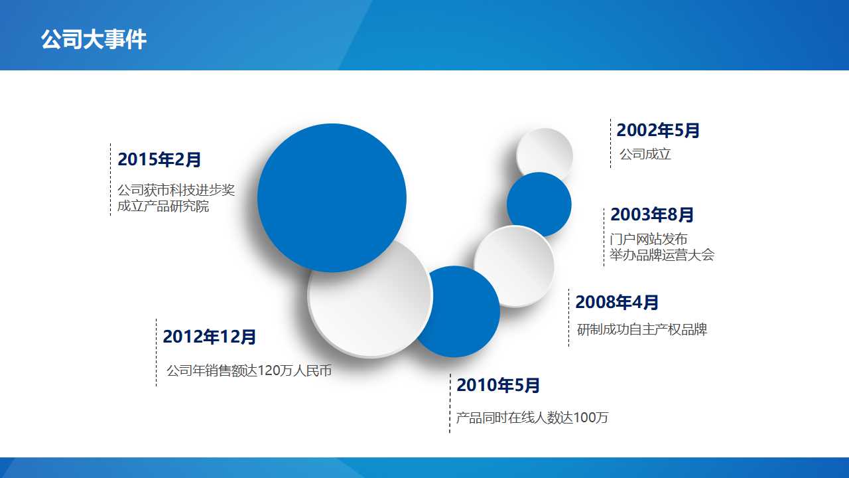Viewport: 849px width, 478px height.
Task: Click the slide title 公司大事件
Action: point(94,40)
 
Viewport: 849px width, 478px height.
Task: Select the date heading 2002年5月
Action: point(658,131)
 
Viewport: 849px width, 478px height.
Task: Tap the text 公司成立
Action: point(645,155)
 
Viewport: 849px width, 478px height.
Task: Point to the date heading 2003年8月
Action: point(652,215)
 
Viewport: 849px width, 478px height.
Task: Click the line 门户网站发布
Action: point(649,239)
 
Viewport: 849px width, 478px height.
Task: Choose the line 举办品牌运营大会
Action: point(662,256)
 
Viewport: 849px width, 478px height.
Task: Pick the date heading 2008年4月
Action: point(617,303)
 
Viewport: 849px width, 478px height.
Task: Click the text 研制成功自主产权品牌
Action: point(642,329)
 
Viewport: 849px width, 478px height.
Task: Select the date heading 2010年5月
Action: point(498,385)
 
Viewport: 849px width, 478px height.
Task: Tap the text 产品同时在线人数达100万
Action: point(532,418)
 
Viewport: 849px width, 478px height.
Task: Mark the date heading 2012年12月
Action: point(210,337)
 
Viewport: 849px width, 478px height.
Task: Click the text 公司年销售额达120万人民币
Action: point(249,371)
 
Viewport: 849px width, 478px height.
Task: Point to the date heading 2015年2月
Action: point(159,160)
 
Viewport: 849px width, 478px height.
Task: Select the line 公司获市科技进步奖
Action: point(176,191)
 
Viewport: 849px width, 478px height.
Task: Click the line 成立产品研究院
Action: point(163,206)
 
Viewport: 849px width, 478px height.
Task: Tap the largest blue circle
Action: point(332,198)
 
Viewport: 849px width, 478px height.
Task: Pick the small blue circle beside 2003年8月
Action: point(539,204)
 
